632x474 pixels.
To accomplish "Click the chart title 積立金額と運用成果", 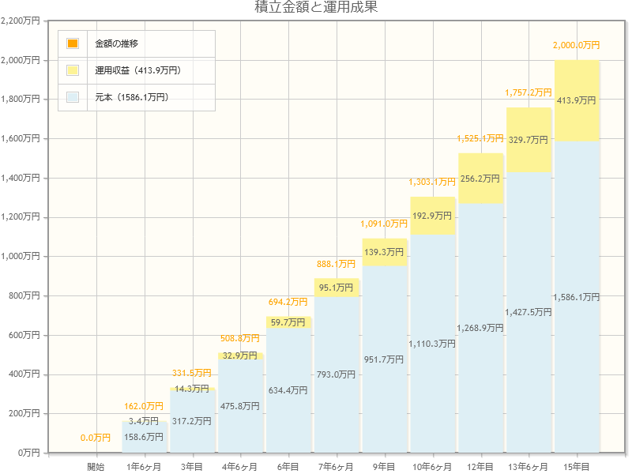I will pos(316,8).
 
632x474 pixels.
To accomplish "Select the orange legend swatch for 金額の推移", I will pos(73,43).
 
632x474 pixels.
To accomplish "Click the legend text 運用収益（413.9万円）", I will pos(138,70).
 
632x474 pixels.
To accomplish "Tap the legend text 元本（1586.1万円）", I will pos(131,97).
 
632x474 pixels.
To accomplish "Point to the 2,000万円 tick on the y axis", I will pos(21,60).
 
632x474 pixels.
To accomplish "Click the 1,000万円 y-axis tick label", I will pos(21,257).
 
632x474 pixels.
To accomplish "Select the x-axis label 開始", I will pos(96,467).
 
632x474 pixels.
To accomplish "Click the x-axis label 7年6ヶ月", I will pos(337,467).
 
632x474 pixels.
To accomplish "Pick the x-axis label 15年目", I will pos(577,467).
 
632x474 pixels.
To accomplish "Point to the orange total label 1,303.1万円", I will pos(432,182).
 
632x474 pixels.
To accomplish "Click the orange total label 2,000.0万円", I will pos(577,45).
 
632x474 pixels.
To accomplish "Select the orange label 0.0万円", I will pos(96,438).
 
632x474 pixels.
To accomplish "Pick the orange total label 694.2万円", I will pos(288,302).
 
